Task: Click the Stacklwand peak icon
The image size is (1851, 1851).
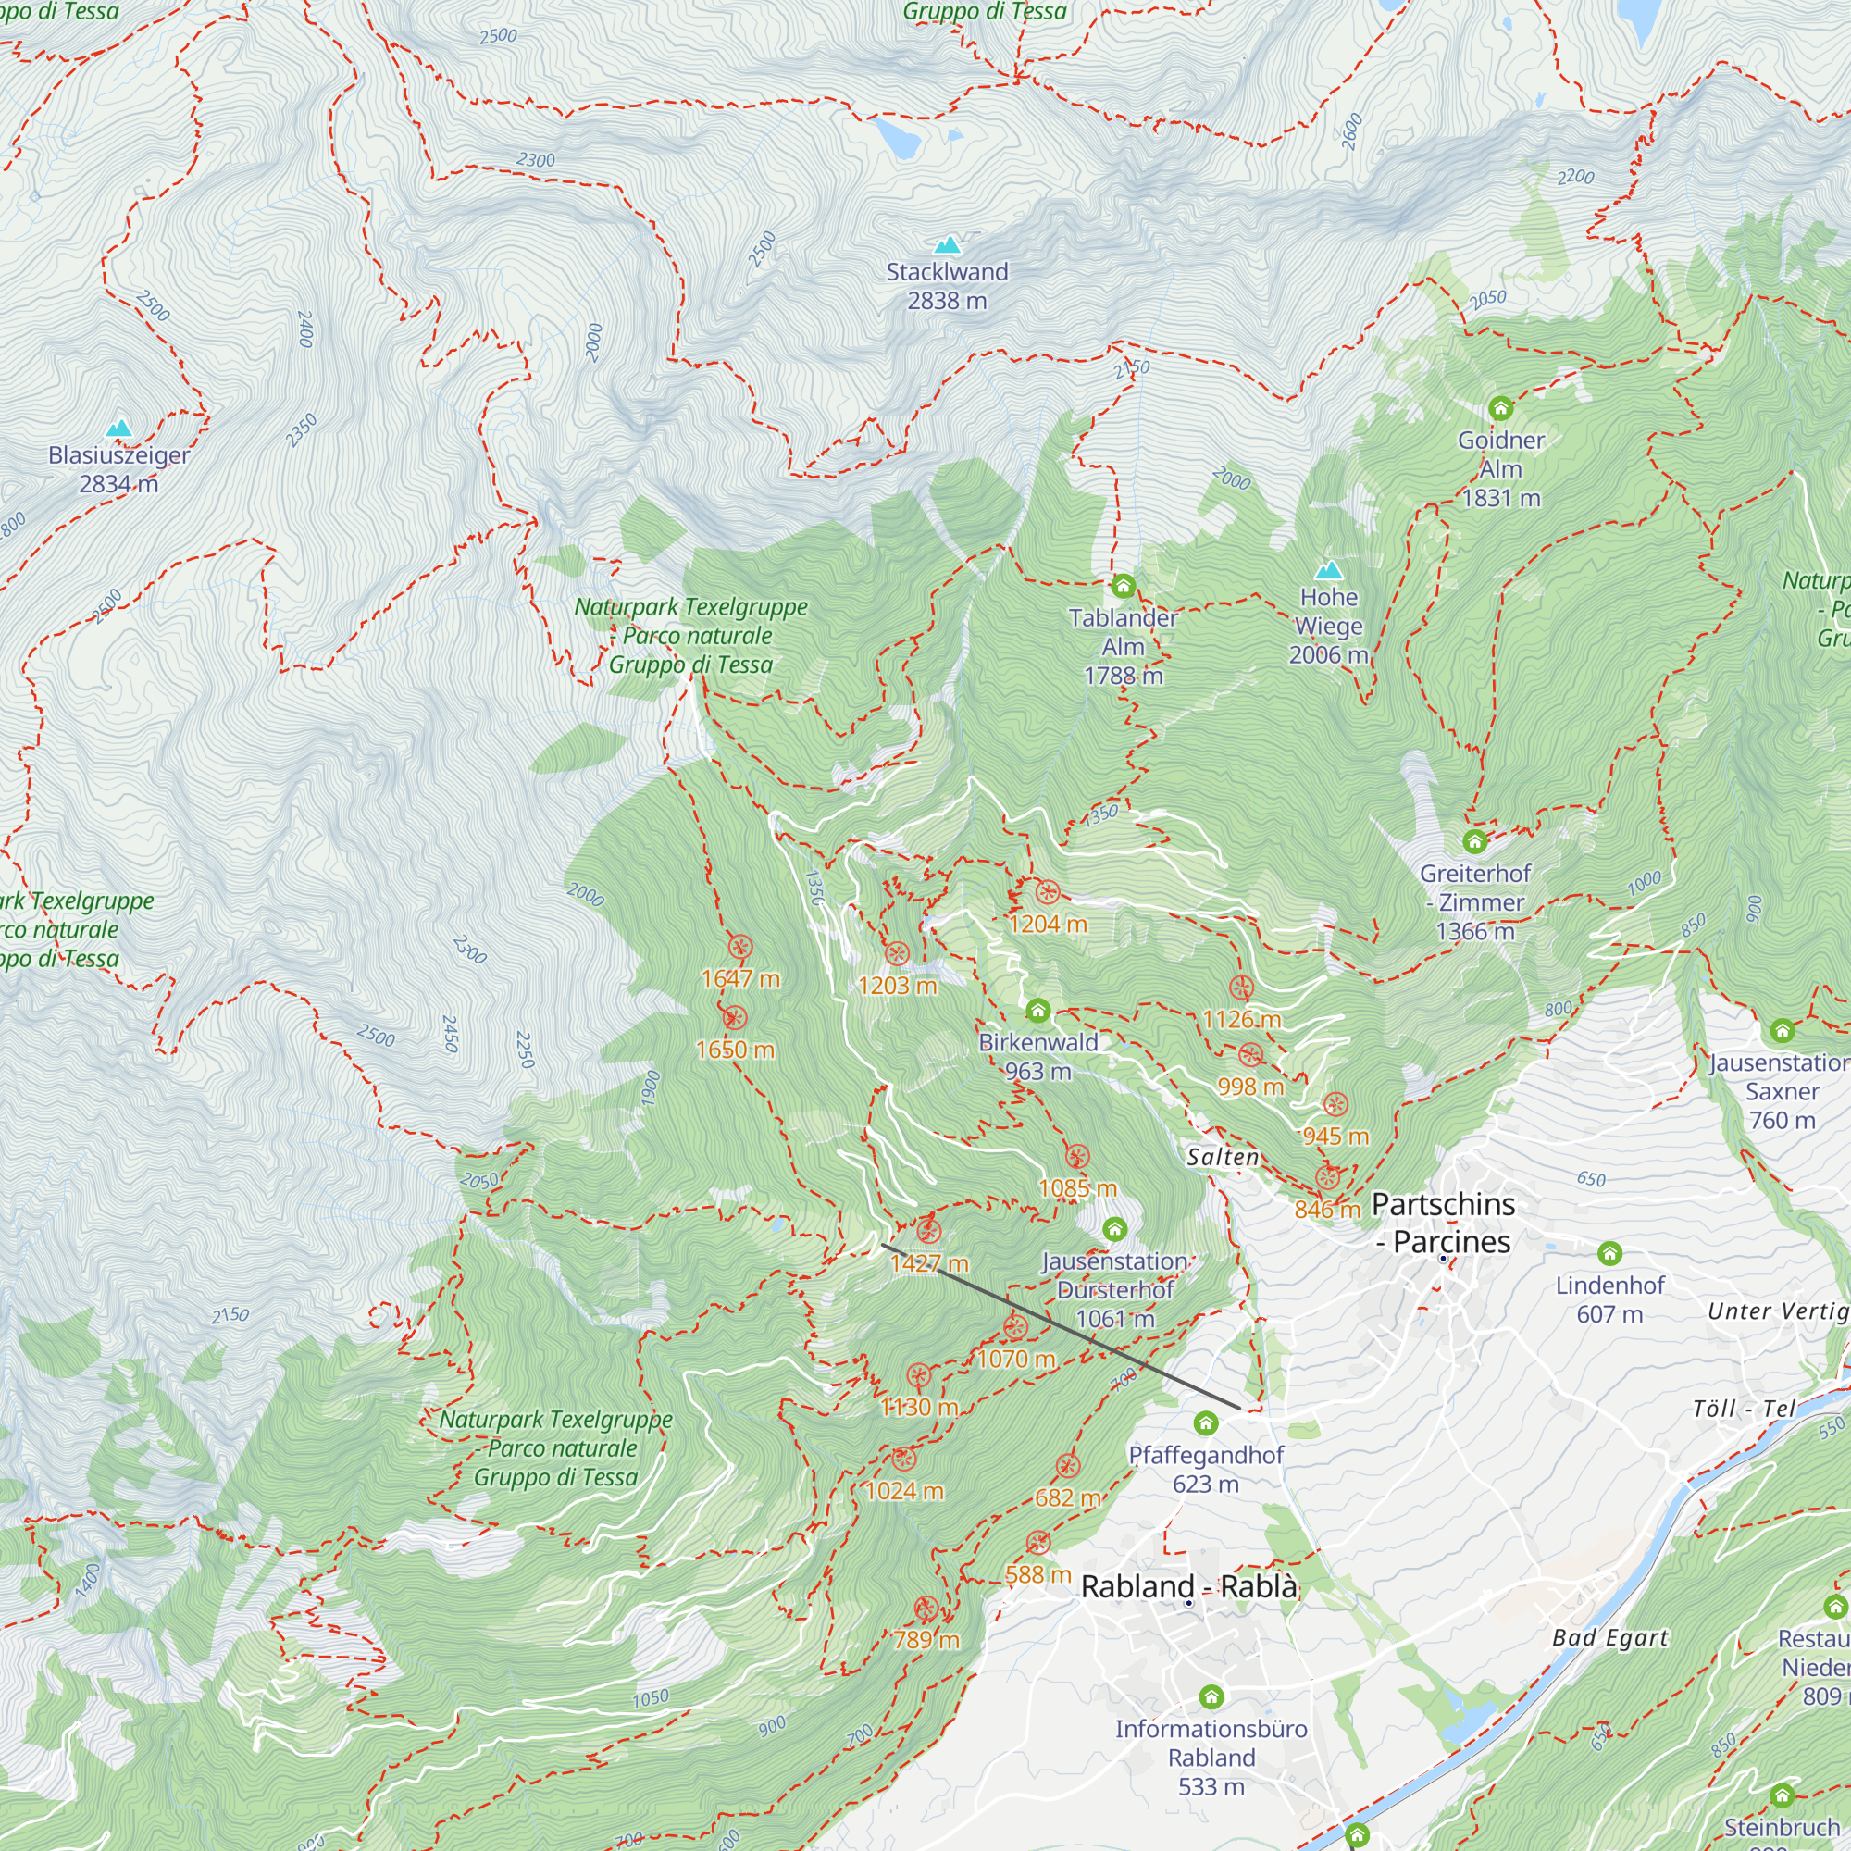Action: pos(947,245)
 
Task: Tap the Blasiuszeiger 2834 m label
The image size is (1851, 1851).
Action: pos(118,469)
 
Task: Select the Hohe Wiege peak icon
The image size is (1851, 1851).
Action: pos(1328,571)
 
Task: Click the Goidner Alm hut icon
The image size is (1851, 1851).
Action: pos(1500,409)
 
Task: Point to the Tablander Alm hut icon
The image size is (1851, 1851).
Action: pos(1123,586)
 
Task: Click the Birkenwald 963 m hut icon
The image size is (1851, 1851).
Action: pos(1037,1011)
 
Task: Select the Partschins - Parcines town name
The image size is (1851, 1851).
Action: pos(1443,1223)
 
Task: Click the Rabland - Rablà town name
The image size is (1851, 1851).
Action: pos(1189,1586)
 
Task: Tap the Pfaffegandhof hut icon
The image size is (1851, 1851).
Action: pos(1205,1423)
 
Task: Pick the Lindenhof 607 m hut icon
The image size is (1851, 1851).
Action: pos(1609,1253)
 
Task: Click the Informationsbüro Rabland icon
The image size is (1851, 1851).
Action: pos(1211,1697)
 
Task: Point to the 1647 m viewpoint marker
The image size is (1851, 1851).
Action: pos(739,948)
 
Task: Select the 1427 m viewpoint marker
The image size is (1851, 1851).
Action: pos(928,1232)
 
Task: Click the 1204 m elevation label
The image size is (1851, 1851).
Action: pos(1049,924)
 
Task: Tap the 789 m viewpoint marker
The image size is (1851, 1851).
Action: pos(925,1609)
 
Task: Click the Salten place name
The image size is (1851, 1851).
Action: pos(1223,1158)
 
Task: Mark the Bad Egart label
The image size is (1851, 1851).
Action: pos(1609,1638)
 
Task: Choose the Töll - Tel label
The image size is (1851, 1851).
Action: pos(1744,1409)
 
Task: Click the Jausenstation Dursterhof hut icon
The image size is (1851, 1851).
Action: pos(1114,1229)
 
